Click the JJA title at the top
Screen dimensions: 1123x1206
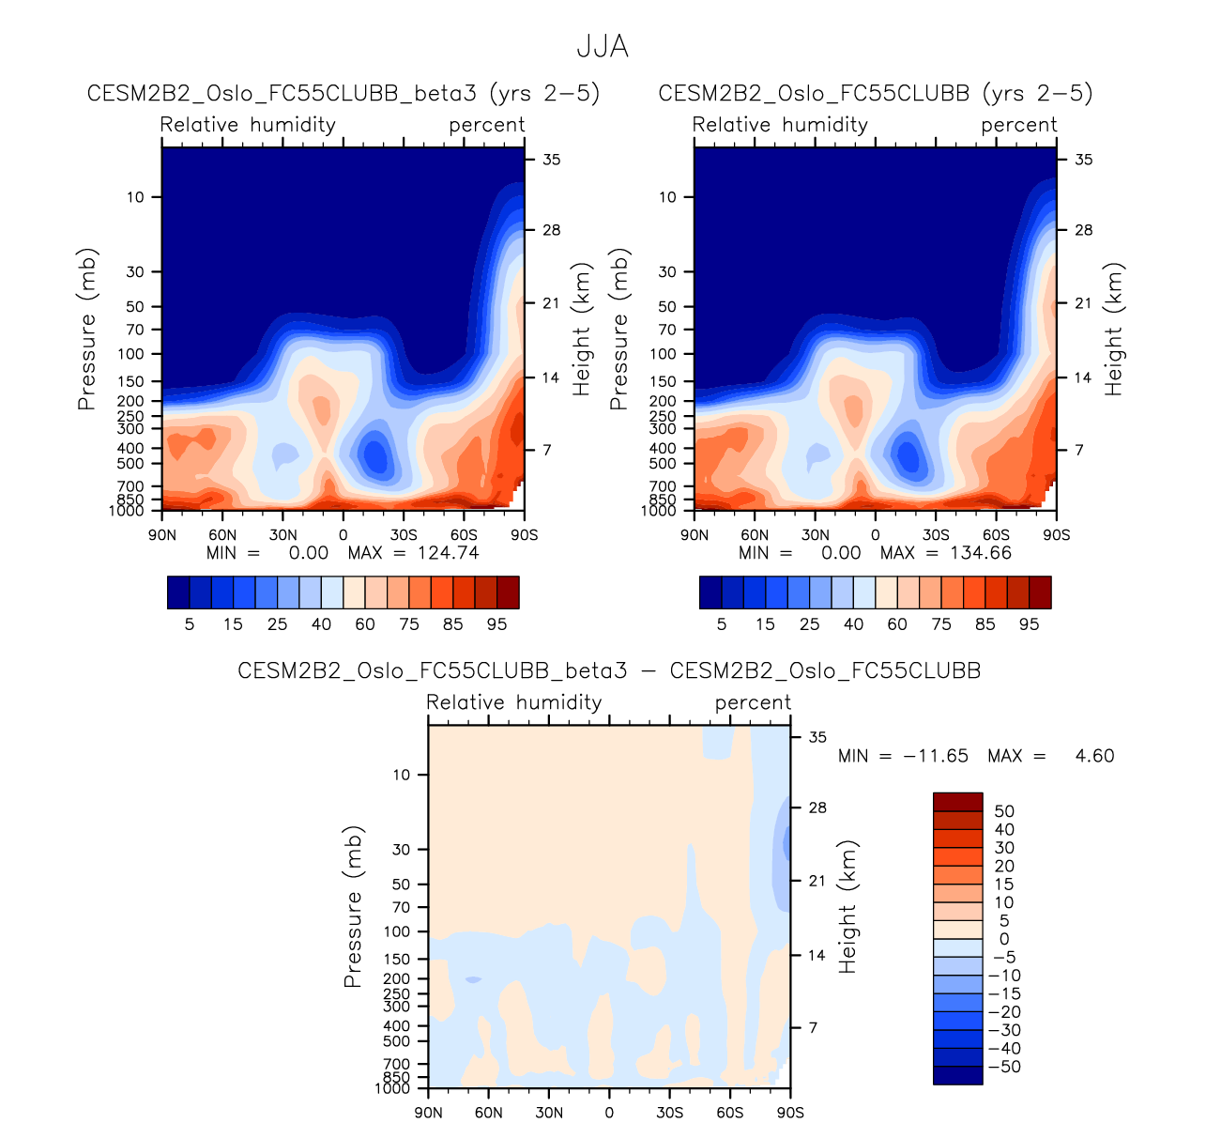602,47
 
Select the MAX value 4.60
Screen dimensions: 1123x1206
1094,756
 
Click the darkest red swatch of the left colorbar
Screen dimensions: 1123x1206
508,592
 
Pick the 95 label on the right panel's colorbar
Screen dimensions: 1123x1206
1030,624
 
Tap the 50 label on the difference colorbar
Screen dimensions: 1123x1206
1004,811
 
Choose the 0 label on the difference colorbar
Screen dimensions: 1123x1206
1004,939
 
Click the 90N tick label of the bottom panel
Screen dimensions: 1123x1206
428,1113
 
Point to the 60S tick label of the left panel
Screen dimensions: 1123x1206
464,535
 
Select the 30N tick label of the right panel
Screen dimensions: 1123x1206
816,535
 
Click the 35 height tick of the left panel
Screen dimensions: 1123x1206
552,160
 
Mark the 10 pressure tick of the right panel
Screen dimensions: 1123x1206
667,197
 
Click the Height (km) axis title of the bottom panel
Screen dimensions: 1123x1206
848,907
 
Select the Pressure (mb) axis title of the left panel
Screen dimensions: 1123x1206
87,329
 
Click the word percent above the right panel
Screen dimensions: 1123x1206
1019,125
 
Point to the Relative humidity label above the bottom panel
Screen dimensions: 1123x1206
513,702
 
